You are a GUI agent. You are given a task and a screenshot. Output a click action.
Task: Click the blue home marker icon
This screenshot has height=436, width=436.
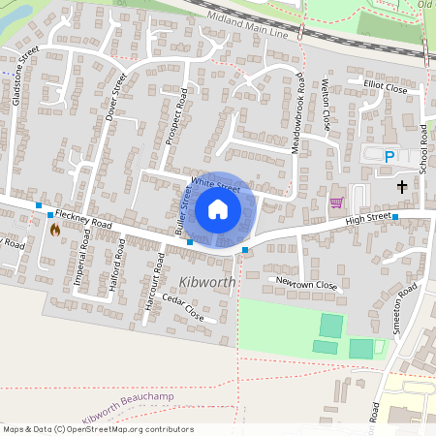click(x=218, y=209)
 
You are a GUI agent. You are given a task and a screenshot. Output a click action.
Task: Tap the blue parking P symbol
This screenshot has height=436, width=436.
click(x=389, y=156)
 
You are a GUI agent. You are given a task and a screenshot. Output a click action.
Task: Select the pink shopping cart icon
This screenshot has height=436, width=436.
click(x=336, y=202)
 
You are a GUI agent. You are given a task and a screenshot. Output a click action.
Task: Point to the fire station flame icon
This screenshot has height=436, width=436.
click(x=54, y=230)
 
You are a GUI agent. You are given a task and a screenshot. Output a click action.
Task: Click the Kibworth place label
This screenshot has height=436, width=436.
click(x=207, y=282)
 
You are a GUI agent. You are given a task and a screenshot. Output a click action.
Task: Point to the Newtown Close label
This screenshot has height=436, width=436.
click(x=306, y=285)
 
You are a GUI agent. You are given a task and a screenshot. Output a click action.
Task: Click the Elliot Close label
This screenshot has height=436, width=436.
click(x=386, y=87)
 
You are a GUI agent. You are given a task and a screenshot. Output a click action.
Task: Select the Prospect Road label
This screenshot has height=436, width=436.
click(x=177, y=117)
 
